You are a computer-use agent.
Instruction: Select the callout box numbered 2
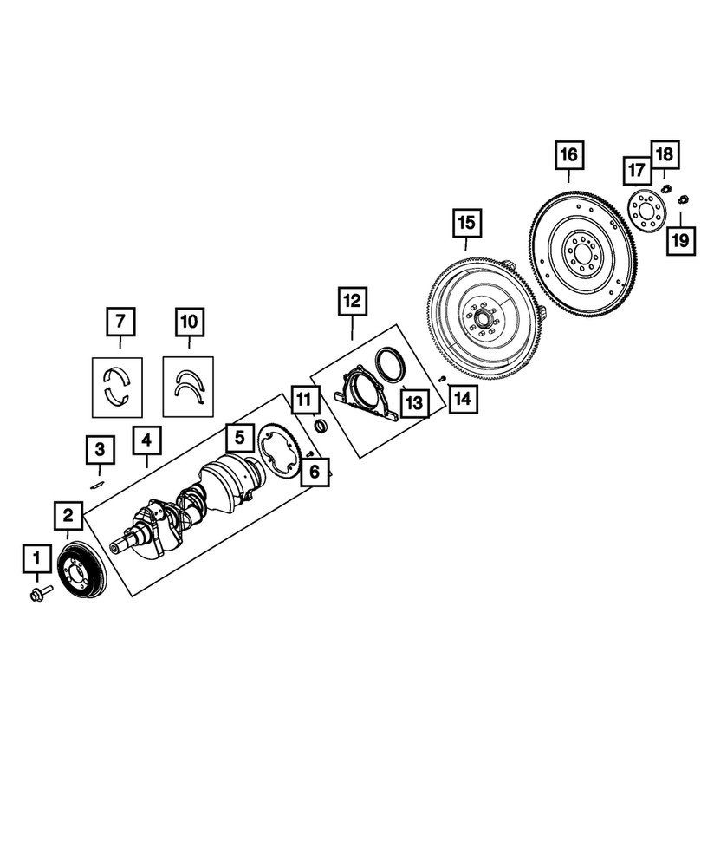(68, 516)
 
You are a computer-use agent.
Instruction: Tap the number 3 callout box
(100, 450)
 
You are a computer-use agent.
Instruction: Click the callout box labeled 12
(352, 303)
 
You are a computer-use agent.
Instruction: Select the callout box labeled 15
(466, 225)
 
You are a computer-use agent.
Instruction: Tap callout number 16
(568, 156)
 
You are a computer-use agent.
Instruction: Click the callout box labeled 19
(680, 240)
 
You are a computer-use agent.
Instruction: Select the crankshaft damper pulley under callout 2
(81, 571)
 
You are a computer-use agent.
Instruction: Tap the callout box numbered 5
(239, 435)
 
